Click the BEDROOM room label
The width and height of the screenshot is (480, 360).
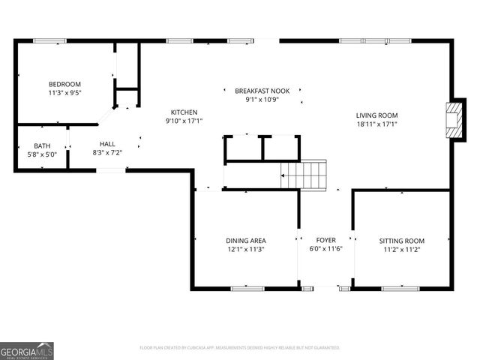(x=65, y=84)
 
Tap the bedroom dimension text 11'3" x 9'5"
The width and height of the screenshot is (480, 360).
(x=65, y=94)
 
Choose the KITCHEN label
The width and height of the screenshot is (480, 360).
(x=184, y=112)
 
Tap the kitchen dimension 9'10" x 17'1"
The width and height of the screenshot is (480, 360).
(x=184, y=121)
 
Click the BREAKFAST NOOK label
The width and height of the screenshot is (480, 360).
(x=262, y=90)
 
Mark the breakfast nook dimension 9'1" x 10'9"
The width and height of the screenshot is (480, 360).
(x=262, y=99)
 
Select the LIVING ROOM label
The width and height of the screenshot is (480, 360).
(x=376, y=115)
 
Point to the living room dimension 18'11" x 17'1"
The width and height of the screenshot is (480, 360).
(x=376, y=124)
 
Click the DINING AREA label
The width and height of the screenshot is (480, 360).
(x=245, y=241)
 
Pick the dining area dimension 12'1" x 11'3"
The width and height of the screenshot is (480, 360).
(x=245, y=250)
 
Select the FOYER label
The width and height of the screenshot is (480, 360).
(x=325, y=241)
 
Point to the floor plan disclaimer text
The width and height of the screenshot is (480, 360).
(x=240, y=348)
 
